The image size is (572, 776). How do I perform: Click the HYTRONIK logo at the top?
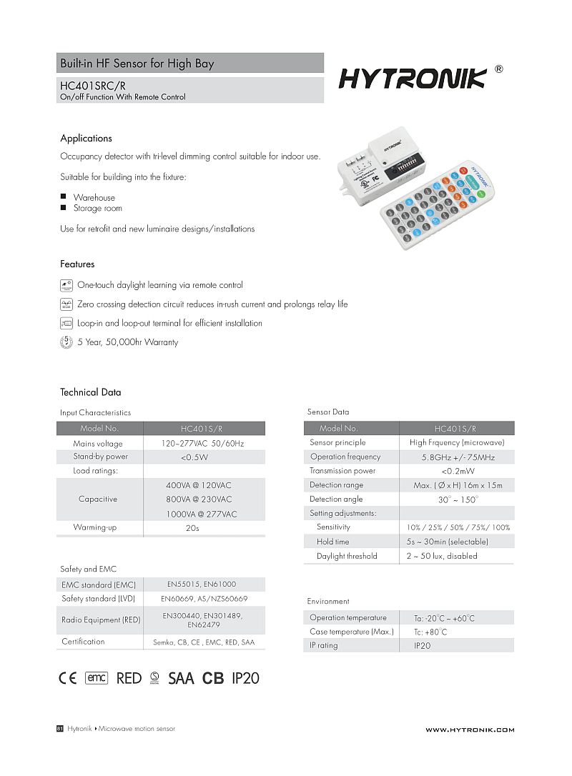413,78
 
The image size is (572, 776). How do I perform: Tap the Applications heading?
86,139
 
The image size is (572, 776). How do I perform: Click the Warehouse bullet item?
94,197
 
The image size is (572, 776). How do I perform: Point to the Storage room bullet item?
97,209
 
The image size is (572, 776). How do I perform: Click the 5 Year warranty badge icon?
66,342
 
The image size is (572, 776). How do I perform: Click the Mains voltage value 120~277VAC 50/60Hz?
202,444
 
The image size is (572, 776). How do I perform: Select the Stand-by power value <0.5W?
194,457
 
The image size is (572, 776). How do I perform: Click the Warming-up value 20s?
192,529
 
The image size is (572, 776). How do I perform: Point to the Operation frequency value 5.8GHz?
458,457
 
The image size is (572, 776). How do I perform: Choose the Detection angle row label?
336,499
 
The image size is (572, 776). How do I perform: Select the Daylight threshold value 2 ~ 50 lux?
442,556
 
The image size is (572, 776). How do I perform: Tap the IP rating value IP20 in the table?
423,646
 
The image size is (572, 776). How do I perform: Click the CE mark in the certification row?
67,678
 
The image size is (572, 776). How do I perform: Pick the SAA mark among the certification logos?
181,678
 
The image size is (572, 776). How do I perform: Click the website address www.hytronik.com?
470,730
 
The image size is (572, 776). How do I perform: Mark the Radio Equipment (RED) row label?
101,620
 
